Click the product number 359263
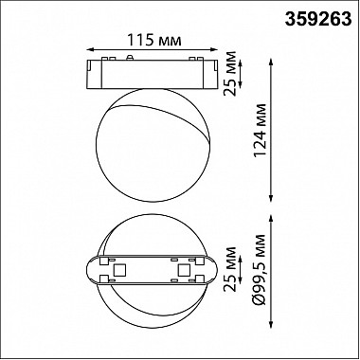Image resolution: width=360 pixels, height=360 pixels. point(318,20)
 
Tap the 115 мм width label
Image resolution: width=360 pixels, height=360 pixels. point(154,41)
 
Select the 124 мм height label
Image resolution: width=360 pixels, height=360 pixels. point(261,130)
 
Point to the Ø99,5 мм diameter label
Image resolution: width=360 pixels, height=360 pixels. point(261,269)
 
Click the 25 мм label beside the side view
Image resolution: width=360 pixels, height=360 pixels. point(229,73)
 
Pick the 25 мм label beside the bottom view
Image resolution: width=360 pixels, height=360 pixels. point(229,269)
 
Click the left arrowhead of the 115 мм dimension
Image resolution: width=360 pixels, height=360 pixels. point(89,49)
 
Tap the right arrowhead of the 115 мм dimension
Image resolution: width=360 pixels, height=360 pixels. point(215,49)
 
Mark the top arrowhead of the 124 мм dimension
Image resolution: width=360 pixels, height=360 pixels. point(271,62)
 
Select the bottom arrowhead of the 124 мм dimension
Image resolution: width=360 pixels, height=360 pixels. point(271,198)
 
